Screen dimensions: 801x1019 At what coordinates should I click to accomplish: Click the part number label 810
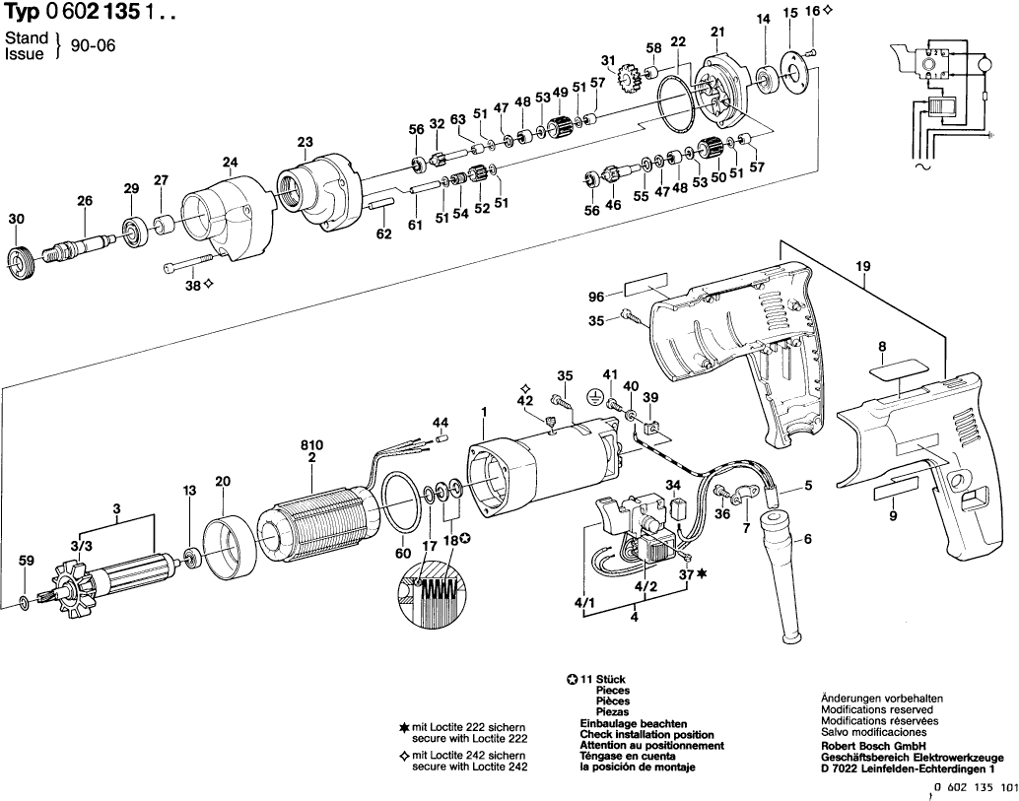coord(311,445)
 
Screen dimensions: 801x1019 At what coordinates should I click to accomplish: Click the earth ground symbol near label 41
coord(593,396)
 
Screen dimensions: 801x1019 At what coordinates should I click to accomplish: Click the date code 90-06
coord(93,45)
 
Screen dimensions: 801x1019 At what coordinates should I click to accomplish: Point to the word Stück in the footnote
coord(611,679)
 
